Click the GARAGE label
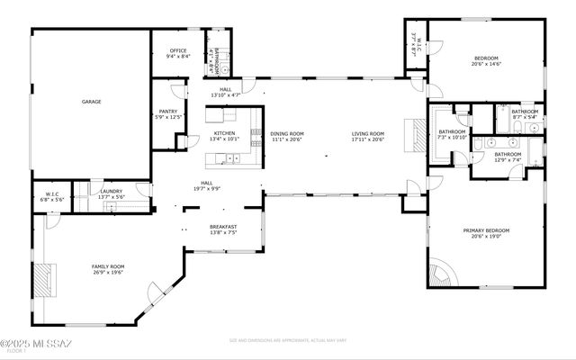point(91,103)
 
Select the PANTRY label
point(167,112)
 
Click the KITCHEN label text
point(224,133)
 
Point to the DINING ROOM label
point(288,133)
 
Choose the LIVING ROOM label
point(368,133)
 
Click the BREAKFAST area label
point(223,227)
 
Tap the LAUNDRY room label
point(112,191)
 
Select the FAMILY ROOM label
point(108,266)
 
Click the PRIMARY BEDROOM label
point(486,230)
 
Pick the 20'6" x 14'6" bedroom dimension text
point(486,64)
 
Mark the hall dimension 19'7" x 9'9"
point(207,188)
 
